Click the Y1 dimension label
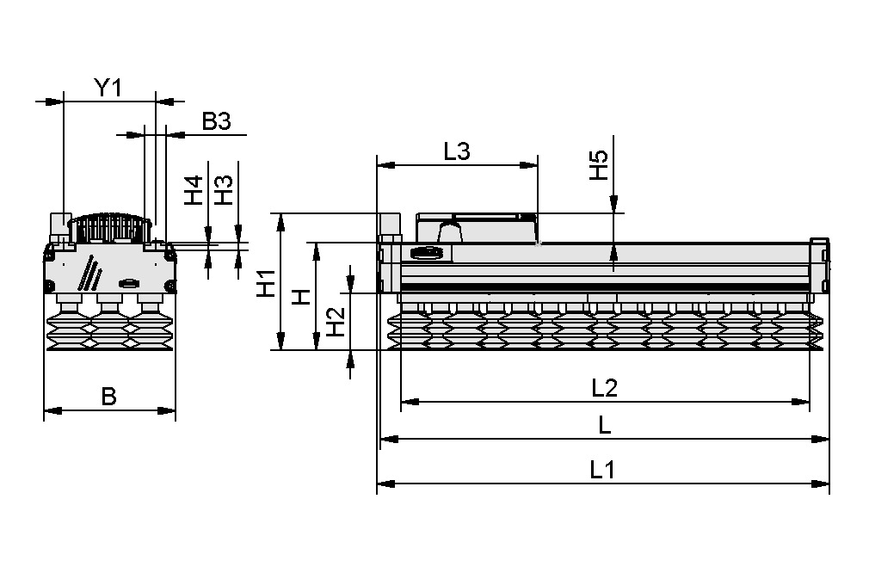(x=108, y=87)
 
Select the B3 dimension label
(x=216, y=122)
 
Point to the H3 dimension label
(x=223, y=190)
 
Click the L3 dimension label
(x=456, y=151)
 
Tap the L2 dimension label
(x=605, y=388)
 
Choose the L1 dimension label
(x=602, y=470)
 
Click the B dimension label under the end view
(x=108, y=397)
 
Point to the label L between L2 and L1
(x=605, y=426)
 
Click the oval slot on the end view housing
(x=129, y=284)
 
